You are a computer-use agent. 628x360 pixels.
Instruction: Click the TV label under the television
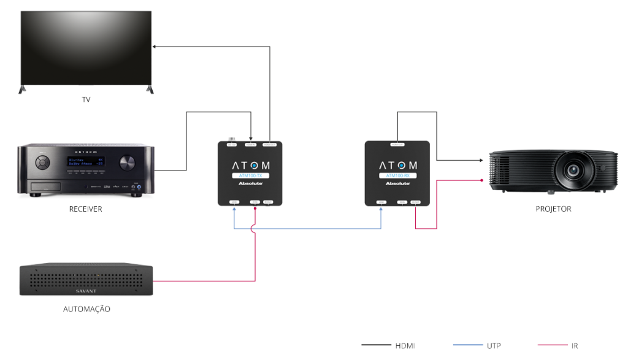[86, 99]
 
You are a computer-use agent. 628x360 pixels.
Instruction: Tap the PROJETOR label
[553, 209]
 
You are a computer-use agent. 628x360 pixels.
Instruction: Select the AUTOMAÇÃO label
[86, 309]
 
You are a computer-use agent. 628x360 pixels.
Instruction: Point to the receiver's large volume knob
[128, 163]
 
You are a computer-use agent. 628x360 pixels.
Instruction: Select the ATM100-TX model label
[250, 176]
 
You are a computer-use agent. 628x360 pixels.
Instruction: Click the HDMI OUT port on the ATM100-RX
[397, 144]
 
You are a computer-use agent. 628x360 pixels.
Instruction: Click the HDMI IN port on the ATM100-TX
[251, 145]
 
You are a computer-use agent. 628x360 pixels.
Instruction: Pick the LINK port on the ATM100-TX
[234, 202]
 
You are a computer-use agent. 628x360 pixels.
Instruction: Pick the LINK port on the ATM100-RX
[381, 202]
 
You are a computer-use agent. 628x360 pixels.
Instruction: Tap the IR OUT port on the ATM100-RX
[415, 202]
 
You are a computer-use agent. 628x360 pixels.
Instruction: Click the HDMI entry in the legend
[405, 346]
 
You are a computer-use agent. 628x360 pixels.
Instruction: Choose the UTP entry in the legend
[494, 346]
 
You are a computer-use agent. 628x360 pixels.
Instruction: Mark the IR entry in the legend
[574, 346]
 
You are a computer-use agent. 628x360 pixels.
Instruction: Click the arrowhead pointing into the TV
[154, 46]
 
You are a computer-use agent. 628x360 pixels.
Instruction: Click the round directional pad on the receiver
[42, 163]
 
